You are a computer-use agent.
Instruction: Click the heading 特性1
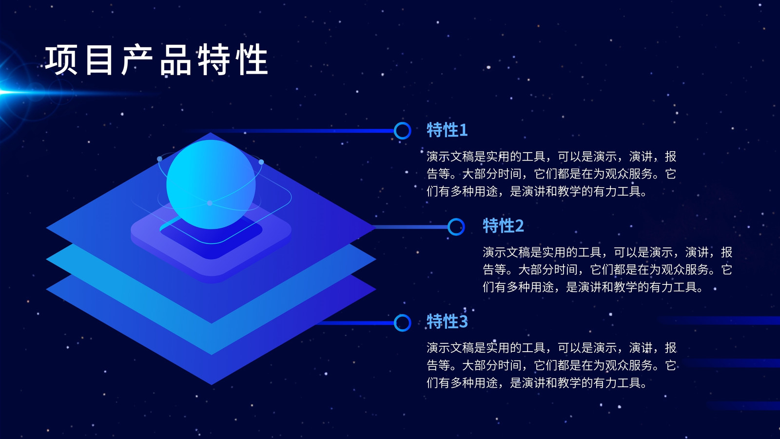pos(447,130)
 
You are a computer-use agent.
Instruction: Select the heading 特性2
pos(503,226)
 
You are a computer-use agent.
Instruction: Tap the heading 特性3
pos(447,321)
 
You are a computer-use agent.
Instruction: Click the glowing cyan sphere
pos(211,184)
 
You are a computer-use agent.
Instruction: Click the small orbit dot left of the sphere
pos(159,159)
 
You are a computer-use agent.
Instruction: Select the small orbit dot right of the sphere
pos(261,162)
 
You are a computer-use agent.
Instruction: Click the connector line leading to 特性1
pos(289,131)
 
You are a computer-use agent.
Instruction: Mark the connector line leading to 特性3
pos(355,323)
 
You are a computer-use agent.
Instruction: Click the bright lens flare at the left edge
pos(7,92)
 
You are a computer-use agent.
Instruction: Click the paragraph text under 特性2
pos(607,270)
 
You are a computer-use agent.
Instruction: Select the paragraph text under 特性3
pos(551,365)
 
